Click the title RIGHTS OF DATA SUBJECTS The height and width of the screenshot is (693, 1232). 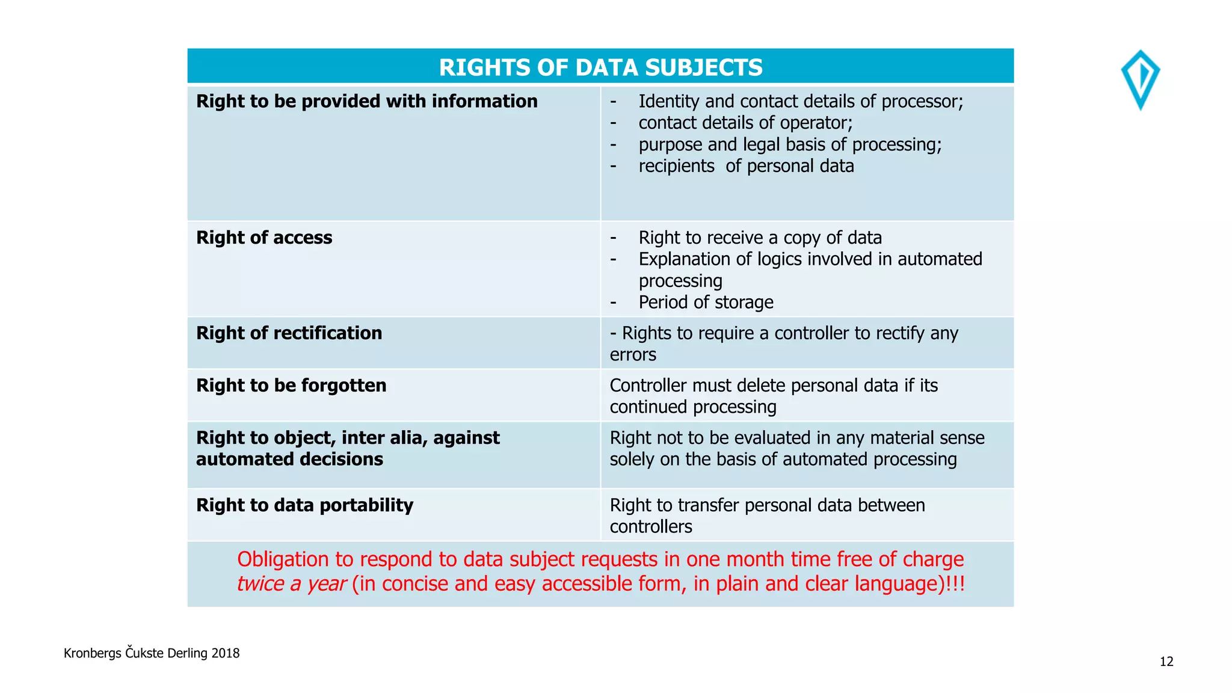tap(600, 67)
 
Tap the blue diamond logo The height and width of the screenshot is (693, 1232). tap(1140, 79)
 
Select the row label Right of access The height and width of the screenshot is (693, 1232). tap(264, 238)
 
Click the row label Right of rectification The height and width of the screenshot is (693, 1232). tap(289, 333)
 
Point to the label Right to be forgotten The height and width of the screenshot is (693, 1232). tap(291, 385)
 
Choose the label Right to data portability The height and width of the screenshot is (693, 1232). tap(304, 505)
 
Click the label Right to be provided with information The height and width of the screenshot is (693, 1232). tap(366, 101)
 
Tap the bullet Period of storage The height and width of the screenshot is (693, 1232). tap(706, 302)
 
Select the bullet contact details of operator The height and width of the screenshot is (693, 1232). tap(745, 123)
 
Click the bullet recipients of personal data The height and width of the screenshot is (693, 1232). tap(746, 166)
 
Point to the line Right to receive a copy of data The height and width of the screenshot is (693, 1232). tap(760, 238)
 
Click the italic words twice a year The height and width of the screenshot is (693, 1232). tap(291, 584)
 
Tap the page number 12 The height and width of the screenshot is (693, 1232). tap(1166, 662)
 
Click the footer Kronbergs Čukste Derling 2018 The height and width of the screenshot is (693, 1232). tap(152, 653)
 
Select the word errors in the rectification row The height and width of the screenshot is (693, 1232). tap(633, 355)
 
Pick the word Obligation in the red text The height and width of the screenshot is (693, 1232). tap(283, 559)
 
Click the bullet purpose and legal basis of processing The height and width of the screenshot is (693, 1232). tap(790, 144)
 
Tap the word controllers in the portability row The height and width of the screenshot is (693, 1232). tap(651, 527)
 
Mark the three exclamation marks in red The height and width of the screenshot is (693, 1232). tap(955, 584)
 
